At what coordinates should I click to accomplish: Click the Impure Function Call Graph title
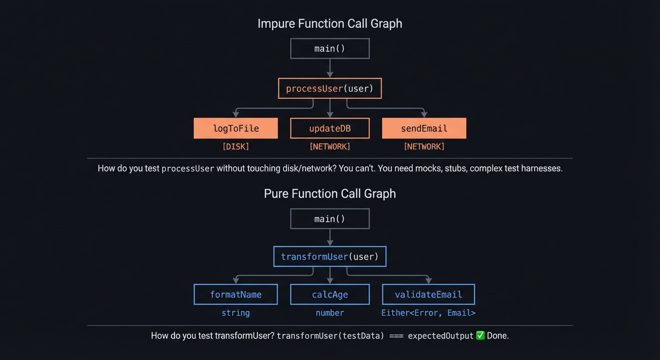pos(330,23)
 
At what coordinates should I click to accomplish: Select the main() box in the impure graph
pos(330,49)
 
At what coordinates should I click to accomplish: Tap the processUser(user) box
pos(330,89)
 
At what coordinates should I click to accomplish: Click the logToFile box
pos(236,128)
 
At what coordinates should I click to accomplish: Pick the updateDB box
pos(330,128)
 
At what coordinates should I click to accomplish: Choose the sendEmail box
pos(424,128)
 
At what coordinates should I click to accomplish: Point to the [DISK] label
pos(236,147)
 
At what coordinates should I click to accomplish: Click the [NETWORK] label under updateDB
pos(330,147)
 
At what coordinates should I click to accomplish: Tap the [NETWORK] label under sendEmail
pos(424,147)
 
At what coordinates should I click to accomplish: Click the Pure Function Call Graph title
pos(330,194)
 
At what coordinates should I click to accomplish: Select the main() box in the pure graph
pos(330,219)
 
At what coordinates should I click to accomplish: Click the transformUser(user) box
pos(330,256)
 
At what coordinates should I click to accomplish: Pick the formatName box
pos(236,294)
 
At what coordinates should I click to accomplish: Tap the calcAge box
pos(330,294)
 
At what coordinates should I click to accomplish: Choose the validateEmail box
pos(428,294)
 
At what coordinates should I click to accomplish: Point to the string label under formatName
pos(236,313)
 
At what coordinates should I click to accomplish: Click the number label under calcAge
pos(330,313)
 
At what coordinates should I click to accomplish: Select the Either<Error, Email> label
pos(428,313)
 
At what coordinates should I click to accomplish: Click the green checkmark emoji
pos(480,336)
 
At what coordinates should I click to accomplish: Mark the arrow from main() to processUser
pos(330,68)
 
